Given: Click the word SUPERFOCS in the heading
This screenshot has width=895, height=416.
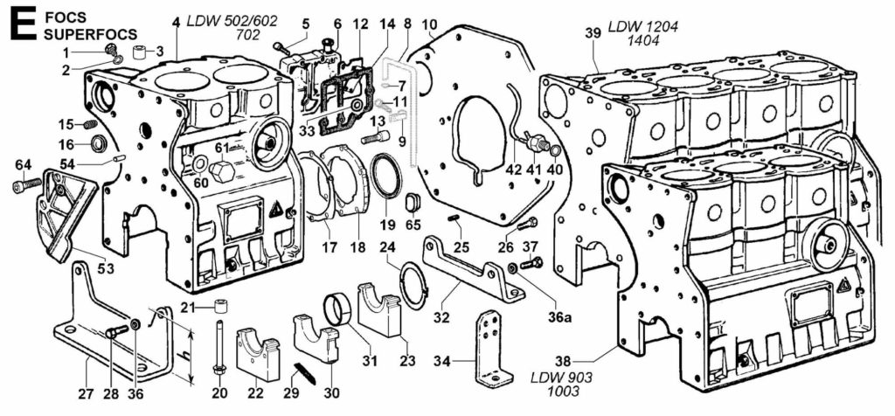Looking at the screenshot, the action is point(90,34).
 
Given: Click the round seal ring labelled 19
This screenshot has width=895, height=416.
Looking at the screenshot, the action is point(386,177).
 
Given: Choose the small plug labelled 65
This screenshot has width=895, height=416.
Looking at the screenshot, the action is point(413,201).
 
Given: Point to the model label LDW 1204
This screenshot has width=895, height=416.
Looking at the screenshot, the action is point(642,27).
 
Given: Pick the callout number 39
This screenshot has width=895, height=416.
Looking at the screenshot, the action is point(593,33).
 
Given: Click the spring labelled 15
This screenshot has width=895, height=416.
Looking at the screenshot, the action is point(88,124).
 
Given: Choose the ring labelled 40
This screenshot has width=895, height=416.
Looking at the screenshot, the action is point(554,150).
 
